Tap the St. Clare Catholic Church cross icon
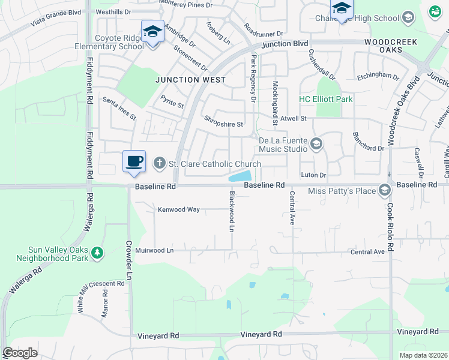(x=159, y=163)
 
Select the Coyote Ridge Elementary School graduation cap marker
(x=152, y=31)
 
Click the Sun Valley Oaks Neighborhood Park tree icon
(x=97, y=254)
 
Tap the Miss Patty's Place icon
(x=384, y=191)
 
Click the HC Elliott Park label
(x=326, y=99)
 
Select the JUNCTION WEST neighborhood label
(x=191, y=80)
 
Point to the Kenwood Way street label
(x=178, y=210)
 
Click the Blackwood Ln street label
(x=231, y=212)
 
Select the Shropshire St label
(x=223, y=124)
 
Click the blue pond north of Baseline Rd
(x=241, y=176)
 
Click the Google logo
(x=20, y=353)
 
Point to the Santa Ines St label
(x=119, y=108)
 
